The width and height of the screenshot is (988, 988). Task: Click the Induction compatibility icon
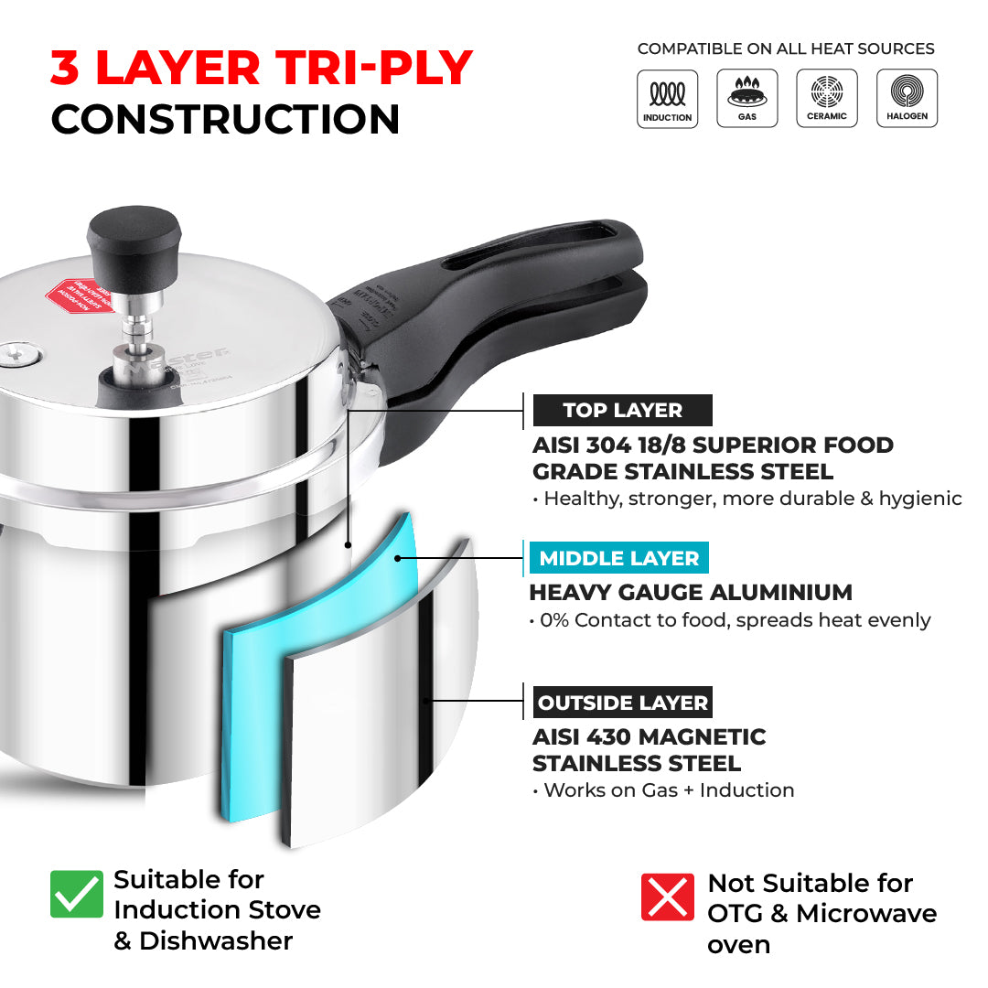[x=667, y=99]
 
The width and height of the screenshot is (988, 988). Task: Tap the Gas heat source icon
[x=747, y=99]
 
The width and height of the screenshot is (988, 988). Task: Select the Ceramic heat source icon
[x=827, y=99]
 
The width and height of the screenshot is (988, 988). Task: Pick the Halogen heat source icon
[x=907, y=99]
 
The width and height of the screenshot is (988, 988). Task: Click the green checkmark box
[x=77, y=894]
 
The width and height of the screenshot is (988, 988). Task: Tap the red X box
[x=668, y=897]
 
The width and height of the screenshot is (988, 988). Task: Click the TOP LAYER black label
[x=622, y=411]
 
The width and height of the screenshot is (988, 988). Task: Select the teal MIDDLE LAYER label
[x=618, y=558]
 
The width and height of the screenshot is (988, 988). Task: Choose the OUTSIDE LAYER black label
[x=622, y=703]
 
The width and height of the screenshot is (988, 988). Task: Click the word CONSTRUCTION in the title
[x=225, y=120]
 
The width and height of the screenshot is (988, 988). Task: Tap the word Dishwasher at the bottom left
[x=216, y=940]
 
